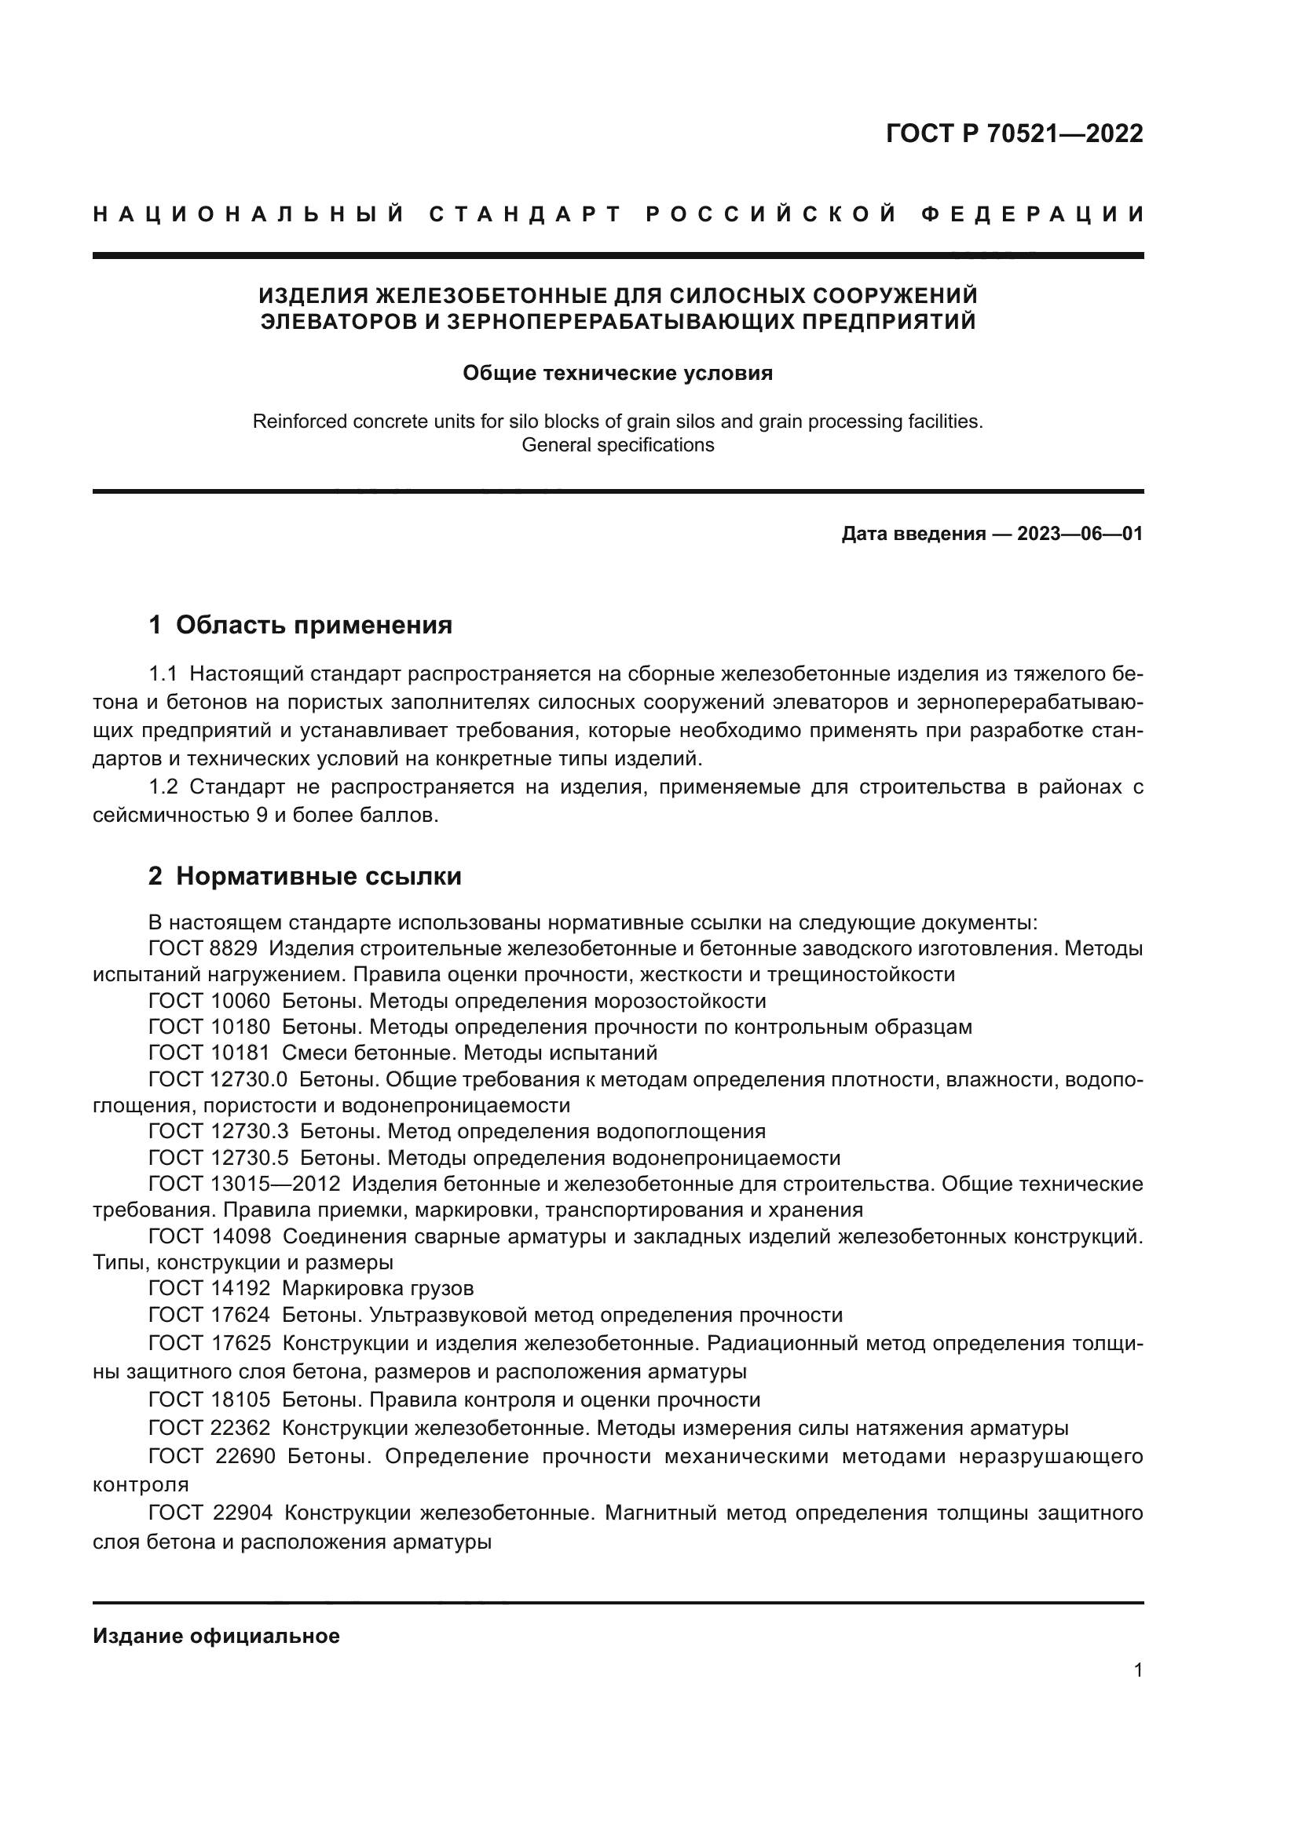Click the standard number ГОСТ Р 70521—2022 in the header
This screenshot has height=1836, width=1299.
click(1014, 133)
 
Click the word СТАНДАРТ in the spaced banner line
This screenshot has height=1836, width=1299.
click(525, 214)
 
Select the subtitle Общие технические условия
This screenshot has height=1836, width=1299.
click(617, 374)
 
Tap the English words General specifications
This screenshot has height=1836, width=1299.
click(617, 444)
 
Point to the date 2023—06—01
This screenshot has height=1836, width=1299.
click(1080, 535)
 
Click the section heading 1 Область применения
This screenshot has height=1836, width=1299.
click(300, 625)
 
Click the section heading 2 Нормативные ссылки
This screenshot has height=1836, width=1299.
click(305, 877)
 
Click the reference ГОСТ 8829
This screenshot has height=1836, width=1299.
click(203, 949)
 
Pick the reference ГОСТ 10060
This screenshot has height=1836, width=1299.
click(210, 1001)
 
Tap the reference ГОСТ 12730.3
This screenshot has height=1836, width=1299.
click(218, 1132)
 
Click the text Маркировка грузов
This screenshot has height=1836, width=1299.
click(378, 1288)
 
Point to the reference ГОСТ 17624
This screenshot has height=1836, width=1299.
click(210, 1315)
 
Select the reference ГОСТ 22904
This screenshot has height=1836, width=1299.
click(210, 1513)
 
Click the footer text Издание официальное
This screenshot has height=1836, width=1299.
click(216, 1636)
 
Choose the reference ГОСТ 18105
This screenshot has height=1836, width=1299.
click(210, 1400)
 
